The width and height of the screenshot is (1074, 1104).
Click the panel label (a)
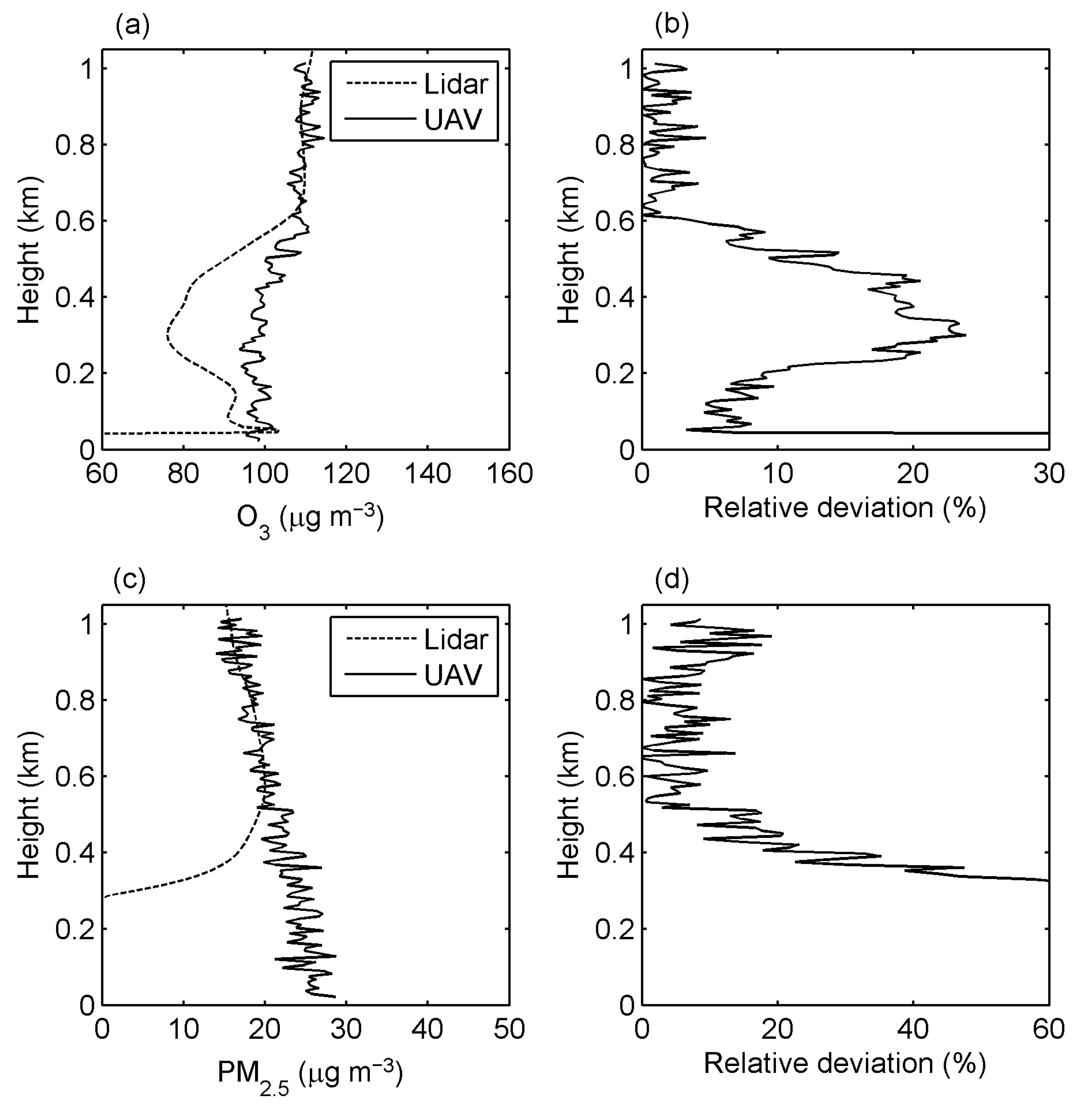click(132, 26)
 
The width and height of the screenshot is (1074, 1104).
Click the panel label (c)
click(130, 579)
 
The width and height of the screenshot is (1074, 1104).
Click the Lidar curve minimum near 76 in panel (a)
click(168, 337)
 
